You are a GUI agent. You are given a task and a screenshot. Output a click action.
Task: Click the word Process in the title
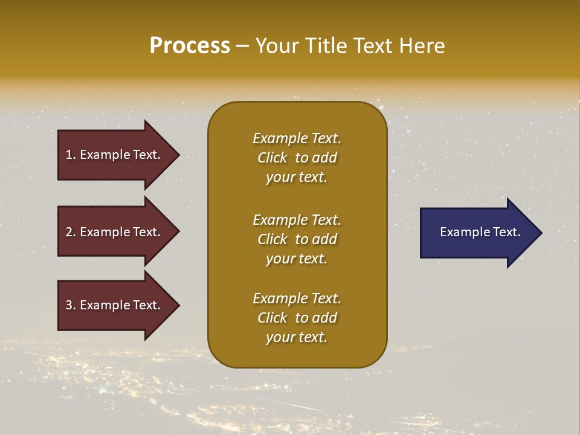[x=190, y=46]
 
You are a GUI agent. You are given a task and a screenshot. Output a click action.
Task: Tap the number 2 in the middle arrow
[x=69, y=232]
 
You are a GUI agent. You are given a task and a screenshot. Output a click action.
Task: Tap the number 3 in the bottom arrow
[x=69, y=305]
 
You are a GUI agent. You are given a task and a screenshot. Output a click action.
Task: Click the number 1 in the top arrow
[x=69, y=155]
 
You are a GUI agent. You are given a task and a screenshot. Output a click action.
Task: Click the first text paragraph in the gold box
[x=297, y=158]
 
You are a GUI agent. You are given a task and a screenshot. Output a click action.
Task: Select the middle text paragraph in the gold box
[x=297, y=239]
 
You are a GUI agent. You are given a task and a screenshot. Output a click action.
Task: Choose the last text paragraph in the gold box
[x=297, y=318]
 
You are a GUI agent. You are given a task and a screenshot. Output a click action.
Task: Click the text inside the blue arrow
[x=480, y=232]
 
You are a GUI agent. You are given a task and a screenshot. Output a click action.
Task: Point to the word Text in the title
[x=374, y=46]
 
